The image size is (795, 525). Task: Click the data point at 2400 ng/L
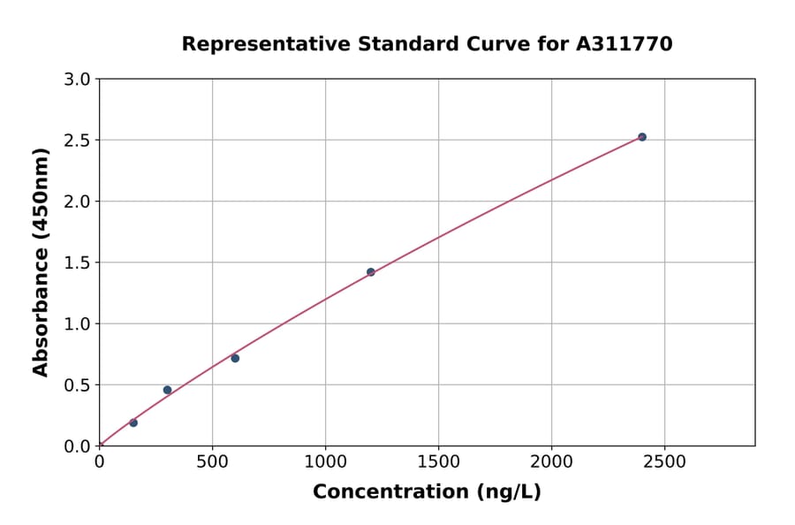pos(642,137)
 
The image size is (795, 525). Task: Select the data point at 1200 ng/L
pos(371,272)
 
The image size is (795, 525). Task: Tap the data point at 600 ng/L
pos(235,358)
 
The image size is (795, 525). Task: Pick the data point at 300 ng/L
pos(167,390)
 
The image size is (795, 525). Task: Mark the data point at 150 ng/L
pos(133,422)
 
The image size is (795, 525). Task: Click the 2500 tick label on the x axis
pos(665,462)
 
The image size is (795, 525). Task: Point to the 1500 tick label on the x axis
pos(439,462)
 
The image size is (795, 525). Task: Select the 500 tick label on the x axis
pos(212,462)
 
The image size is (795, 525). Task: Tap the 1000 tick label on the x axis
pos(325,462)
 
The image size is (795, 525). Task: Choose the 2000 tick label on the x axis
pos(552,462)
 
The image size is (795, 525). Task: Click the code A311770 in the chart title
pos(625,43)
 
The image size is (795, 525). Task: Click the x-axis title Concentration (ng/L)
pos(427,491)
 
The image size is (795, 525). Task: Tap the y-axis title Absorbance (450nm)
pos(41,262)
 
